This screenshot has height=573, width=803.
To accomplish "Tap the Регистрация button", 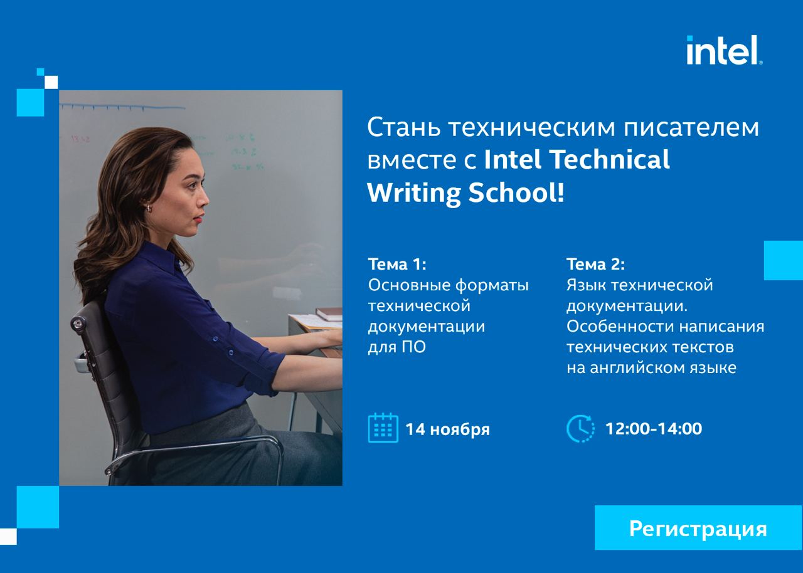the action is point(698,527).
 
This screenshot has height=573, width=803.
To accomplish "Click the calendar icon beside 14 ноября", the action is point(383,428).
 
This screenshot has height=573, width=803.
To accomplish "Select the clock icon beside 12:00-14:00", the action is point(580,428).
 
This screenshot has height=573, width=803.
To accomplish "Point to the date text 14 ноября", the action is point(447,429).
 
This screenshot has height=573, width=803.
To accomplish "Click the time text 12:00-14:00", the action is point(654,429).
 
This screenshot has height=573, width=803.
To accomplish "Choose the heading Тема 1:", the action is point(397,265).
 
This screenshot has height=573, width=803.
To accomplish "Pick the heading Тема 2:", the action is point(596,265).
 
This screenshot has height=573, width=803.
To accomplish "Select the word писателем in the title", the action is point(691,128).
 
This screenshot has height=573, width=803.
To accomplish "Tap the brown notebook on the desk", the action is point(329,313).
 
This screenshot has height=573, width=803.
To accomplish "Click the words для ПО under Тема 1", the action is point(397,347).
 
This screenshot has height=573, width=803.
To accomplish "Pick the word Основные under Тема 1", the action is point(408,285).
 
